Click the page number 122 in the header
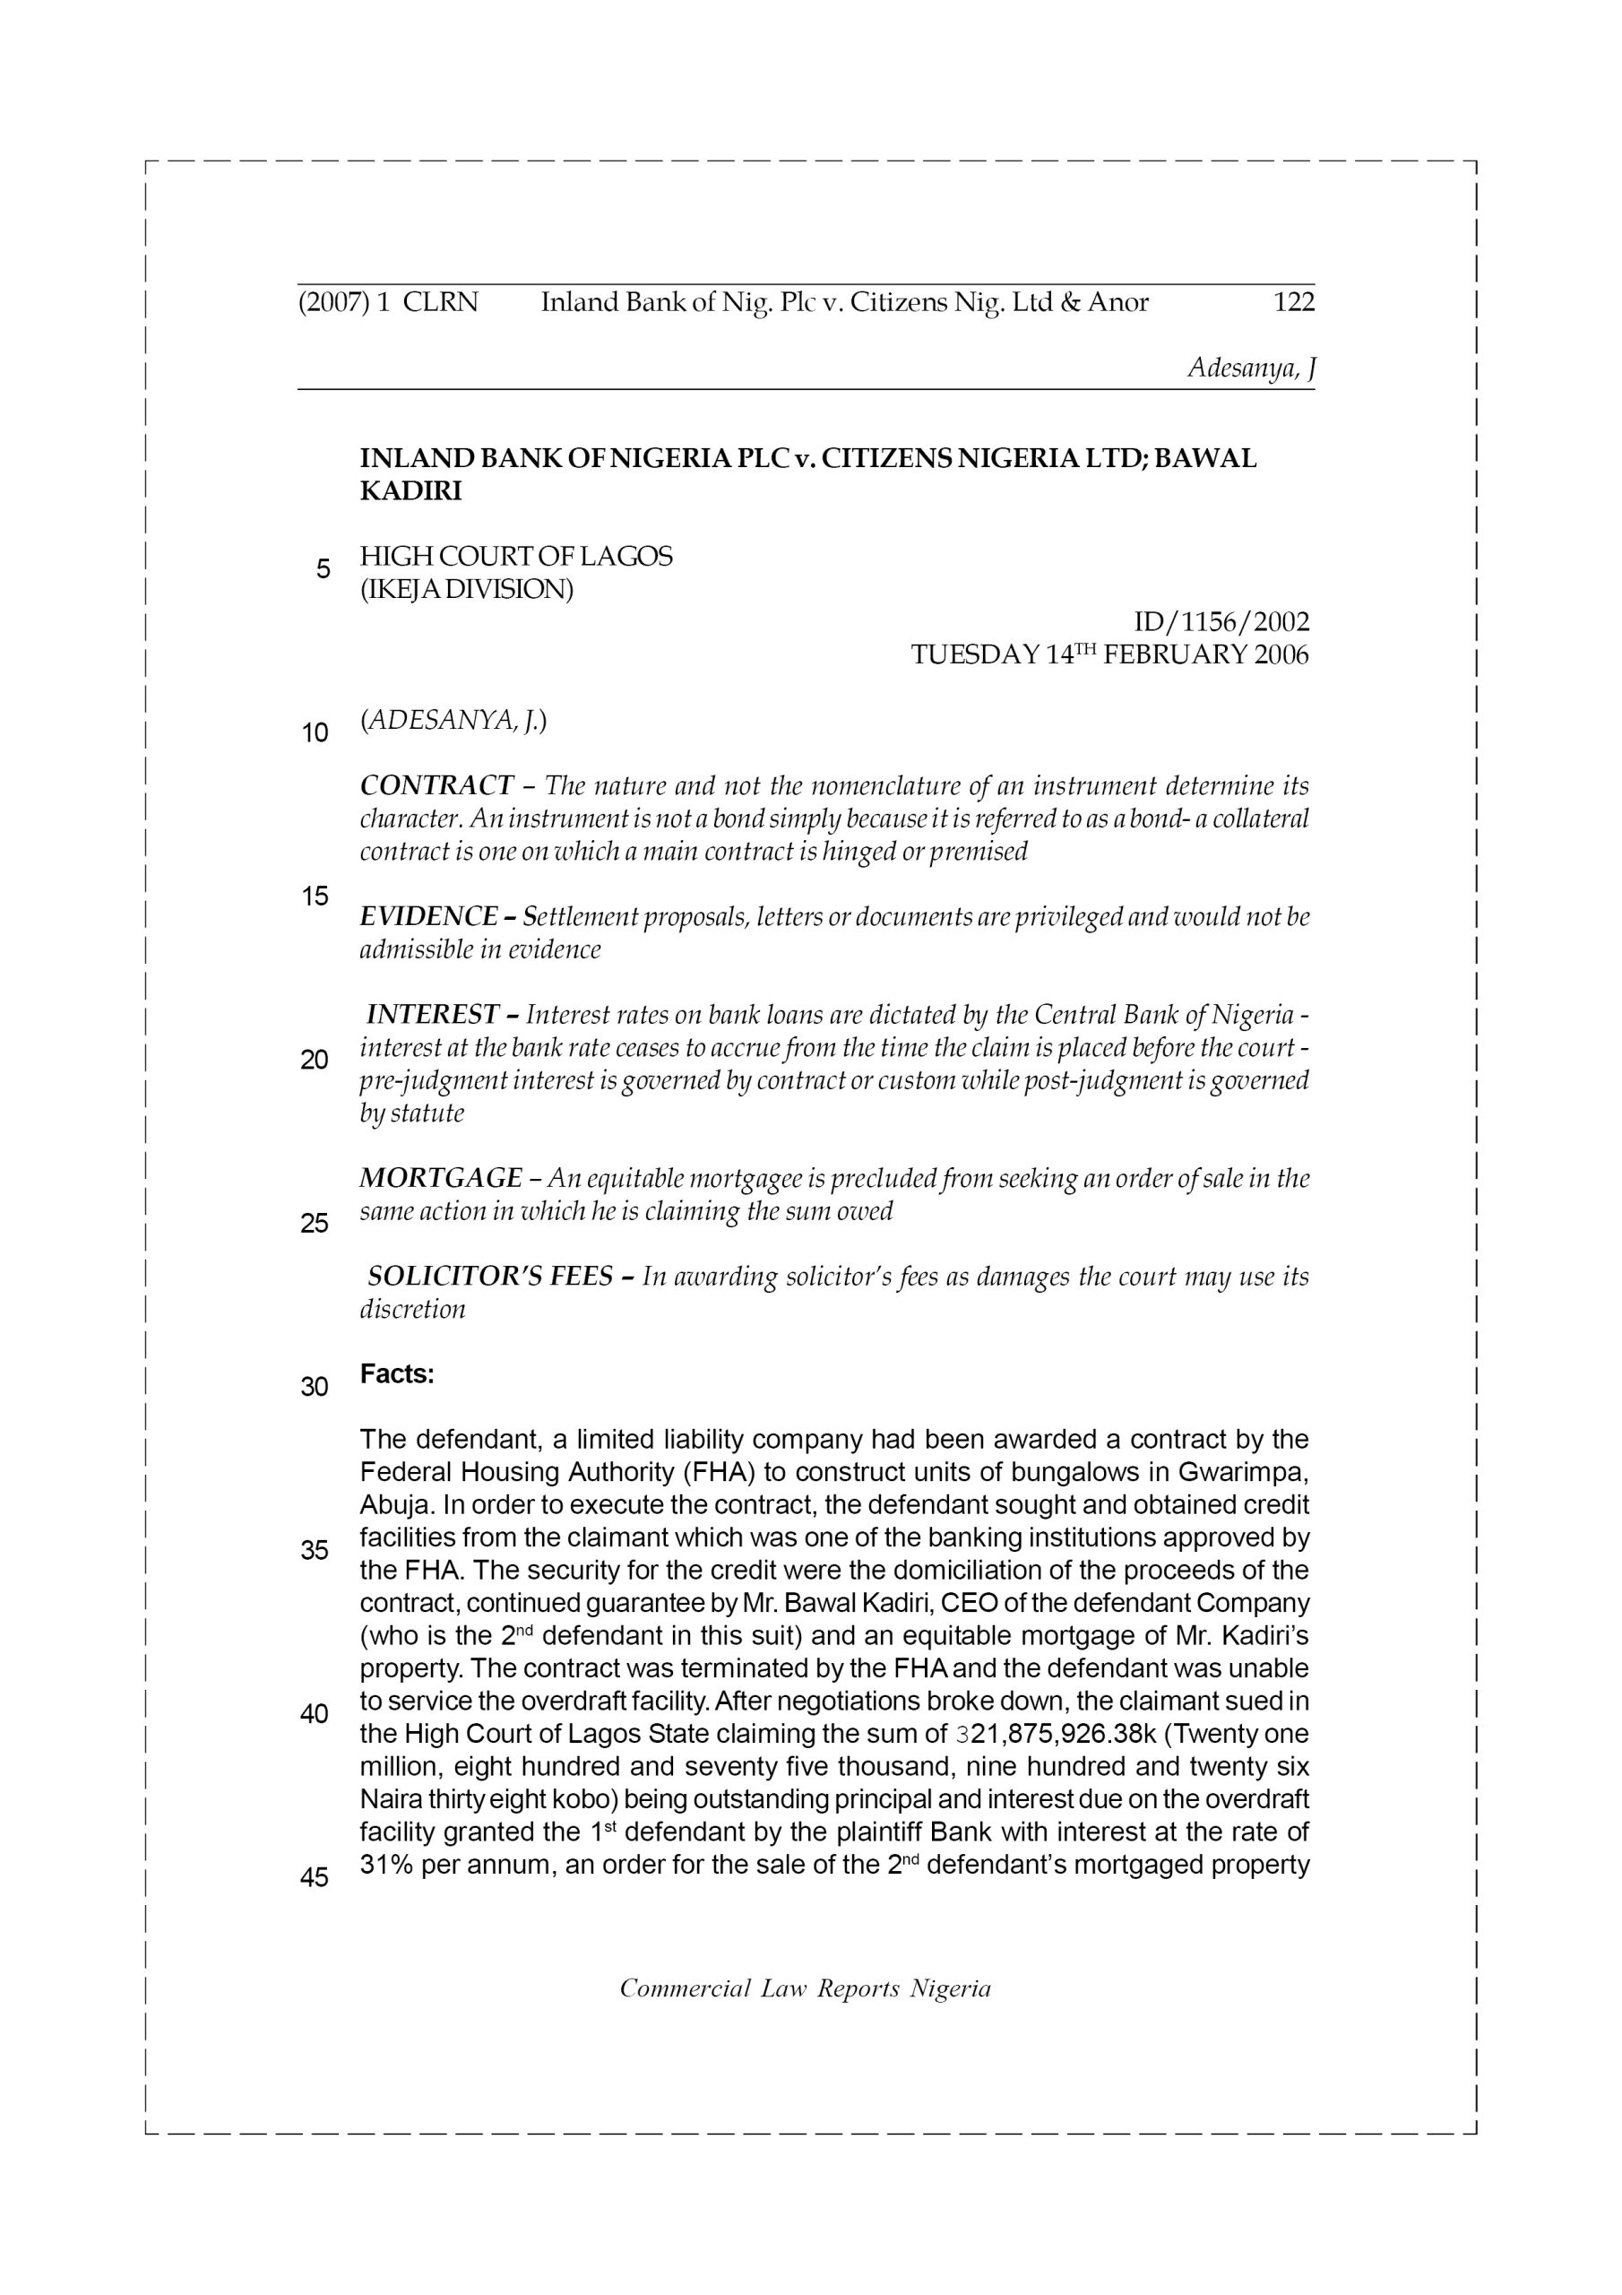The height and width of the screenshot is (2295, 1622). point(1293,302)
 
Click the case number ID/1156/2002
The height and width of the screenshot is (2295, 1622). point(1221,623)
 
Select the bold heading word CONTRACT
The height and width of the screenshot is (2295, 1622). point(436,785)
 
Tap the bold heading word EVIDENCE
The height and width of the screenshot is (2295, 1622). point(428,916)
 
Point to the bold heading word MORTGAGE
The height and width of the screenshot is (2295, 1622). point(441,1179)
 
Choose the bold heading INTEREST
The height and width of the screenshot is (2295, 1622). point(433,1015)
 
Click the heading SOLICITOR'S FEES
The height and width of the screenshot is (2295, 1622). point(489,1277)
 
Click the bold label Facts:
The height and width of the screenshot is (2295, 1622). point(397,1374)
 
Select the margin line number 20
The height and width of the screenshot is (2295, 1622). point(315,1060)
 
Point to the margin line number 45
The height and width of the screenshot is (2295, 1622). point(315,1878)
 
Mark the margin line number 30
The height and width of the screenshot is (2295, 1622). point(315,1388)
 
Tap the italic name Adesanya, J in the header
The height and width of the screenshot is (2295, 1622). point(1250,368)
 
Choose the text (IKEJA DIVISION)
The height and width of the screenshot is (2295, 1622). point(467,590)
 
